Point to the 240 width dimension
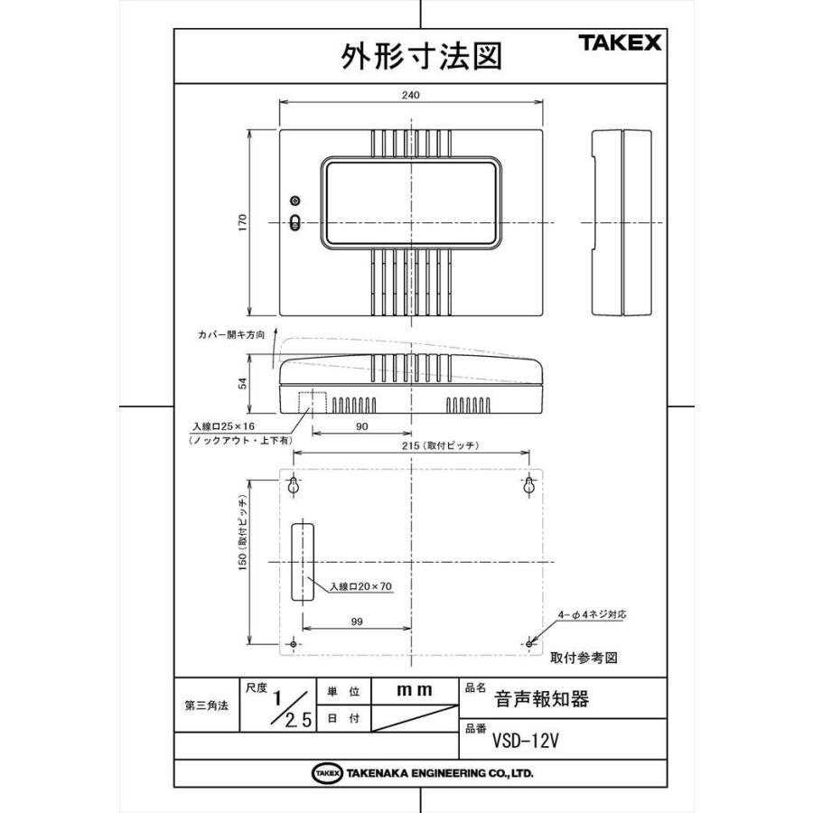coord(411,95)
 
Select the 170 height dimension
coord(243,221)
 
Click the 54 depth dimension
coord(243,385)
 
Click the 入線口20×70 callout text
coord(360,586)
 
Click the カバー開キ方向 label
coord(231,333)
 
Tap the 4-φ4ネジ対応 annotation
coord(592,613)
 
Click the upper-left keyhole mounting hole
coord(294,486)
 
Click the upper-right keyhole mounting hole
coord(529,486)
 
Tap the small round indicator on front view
coord(294,201)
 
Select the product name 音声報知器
coord(542,698)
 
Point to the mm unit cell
coord(415,689)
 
